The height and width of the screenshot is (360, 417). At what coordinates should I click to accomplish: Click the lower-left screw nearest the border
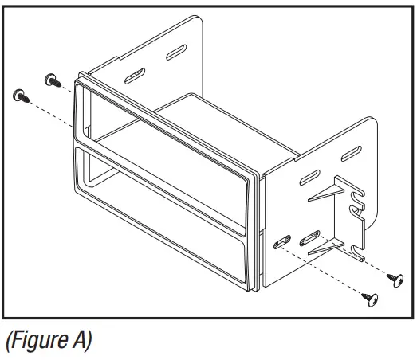tap(20, 96)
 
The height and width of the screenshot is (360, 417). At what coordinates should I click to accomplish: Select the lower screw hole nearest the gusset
tap(309, 237)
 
